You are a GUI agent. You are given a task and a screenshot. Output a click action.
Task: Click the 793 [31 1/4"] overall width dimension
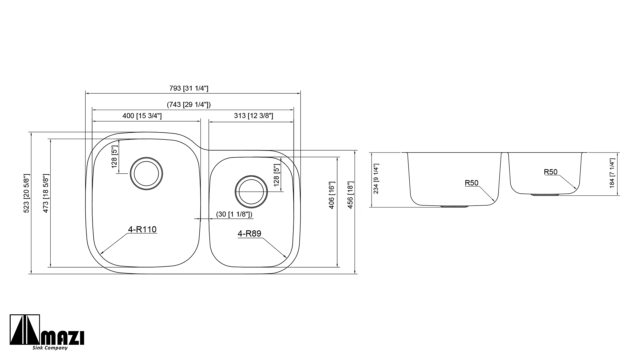[189, 88]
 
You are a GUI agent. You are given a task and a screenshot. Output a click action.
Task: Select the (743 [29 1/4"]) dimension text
[189, 105]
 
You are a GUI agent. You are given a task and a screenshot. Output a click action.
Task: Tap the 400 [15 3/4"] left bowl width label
[142, 116]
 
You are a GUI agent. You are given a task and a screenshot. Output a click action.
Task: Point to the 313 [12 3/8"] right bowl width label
[253, 116]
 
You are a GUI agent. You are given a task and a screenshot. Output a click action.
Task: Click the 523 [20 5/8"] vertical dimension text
[27, 193]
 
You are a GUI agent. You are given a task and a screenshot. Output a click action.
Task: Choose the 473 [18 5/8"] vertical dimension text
[46, 193]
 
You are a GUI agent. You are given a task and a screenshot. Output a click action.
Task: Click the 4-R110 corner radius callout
[142, 230]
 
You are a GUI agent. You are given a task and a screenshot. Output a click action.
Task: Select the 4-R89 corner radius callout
[249, 234]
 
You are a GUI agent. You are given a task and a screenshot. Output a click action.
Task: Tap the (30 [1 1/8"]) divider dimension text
[234, 214]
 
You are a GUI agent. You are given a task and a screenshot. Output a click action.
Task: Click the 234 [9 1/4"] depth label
[377, 179]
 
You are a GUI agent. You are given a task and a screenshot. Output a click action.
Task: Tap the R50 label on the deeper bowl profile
[471, 183]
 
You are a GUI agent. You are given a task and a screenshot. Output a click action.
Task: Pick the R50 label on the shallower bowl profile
[550, 172]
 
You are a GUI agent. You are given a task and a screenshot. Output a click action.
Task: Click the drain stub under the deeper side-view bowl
[455, 207]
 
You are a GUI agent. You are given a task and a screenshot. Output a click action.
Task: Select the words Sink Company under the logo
[50, 348]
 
